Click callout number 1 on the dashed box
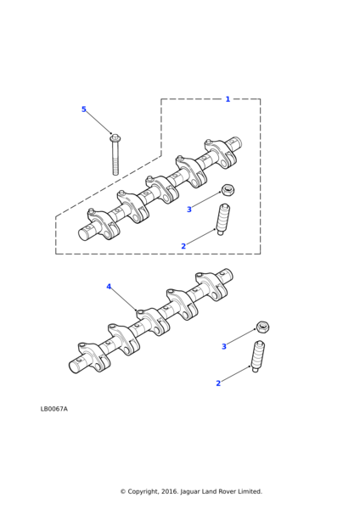(x=228, y=99)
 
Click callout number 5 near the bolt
(x=84, y=109)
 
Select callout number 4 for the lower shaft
(x=109, y=287)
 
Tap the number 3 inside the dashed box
(x=189, y=210)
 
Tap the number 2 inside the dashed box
(x=183, y=246)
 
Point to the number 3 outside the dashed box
(x=224, y=347)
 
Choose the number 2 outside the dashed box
(x=218, y=383)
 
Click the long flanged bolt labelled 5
(x=115, y=155)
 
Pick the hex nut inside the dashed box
(x=228, y=189)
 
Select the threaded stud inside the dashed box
(x=223, y=220)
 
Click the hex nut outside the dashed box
(x=263, y=327)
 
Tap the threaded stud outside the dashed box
(x=258, y=356)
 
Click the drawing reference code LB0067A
(x=54, y=409)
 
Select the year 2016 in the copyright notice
(x=171, y=491)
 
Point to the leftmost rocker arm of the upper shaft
(x=101, y=223)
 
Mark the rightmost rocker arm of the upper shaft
(x=220, y=154)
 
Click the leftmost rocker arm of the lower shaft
(x=93, y=356)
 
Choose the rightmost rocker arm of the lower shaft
(x=211, y=287)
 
